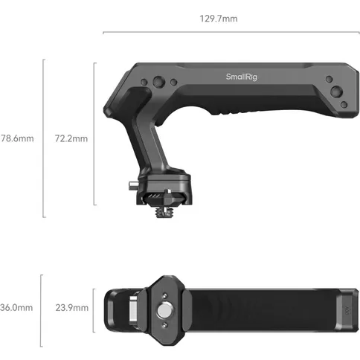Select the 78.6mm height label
(17, 138)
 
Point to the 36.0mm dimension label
(16, 306)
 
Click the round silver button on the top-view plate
(164, 306)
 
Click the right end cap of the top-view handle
(347, 306)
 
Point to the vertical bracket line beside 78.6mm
(43, 138)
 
